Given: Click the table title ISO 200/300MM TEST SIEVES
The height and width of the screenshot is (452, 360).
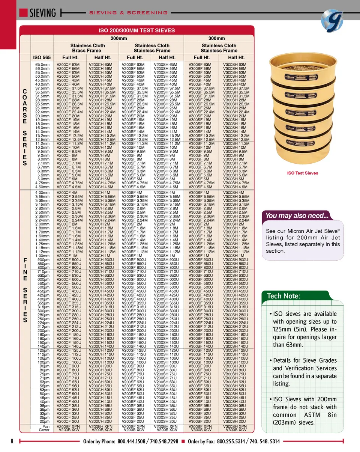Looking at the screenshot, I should (x=136, y=30).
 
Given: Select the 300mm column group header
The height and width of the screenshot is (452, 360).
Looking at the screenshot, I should (x=216, y=38).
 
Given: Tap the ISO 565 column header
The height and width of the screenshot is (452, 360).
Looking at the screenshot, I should (x=42, y=57).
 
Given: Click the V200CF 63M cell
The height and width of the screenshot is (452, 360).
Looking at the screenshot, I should (x=68, y=65).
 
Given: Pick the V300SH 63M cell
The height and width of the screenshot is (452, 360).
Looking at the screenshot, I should (x=235, y=65).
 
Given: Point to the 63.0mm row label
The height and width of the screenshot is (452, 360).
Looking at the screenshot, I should (x=42, y=65).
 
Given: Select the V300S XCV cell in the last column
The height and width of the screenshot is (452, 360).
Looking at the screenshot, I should (x=235, y=430).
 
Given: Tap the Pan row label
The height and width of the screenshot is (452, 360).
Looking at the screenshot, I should (x=46, y=427).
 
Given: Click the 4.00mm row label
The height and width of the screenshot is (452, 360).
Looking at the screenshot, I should (x=42, y=193).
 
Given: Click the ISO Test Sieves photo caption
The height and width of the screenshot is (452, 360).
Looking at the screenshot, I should (x=302, y=173).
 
